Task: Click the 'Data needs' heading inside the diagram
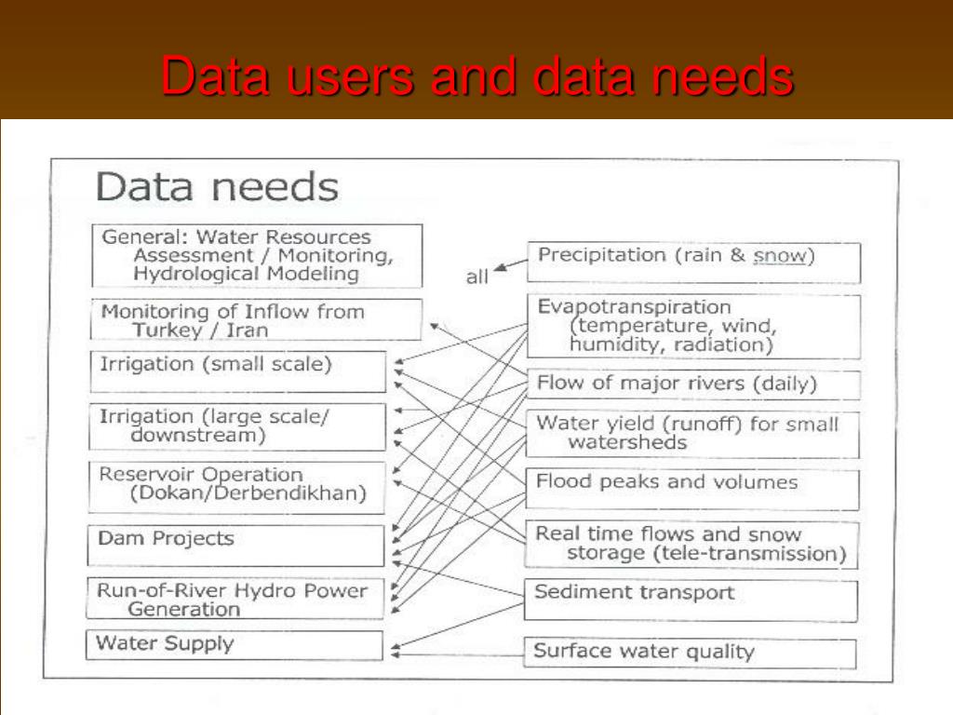217,187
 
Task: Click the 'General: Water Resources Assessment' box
257,255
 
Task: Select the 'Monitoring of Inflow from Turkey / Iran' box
257,320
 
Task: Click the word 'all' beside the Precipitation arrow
476,277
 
